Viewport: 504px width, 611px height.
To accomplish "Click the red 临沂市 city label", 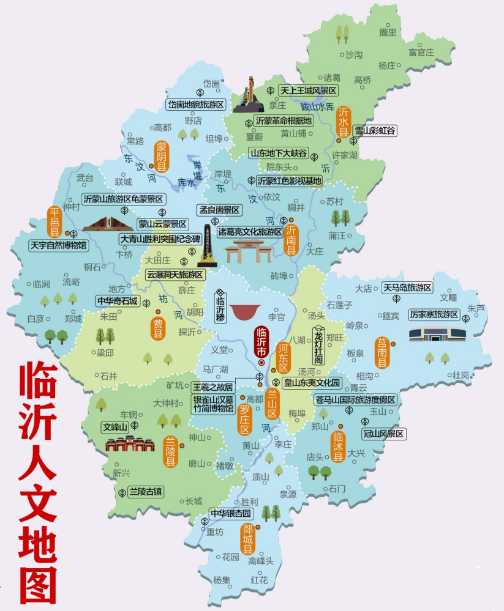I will tap(261, 343).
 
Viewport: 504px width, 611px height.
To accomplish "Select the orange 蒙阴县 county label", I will tap(162, 156).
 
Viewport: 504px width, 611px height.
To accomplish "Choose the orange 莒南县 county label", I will tap(383, 352).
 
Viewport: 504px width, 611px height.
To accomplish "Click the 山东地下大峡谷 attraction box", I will tap(279, 153).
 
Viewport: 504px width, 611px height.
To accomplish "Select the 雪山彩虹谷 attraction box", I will tap(376, 130).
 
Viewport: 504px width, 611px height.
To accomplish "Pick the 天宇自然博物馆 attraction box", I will tap(58, 245).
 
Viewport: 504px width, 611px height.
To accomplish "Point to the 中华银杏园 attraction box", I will tap(231, 513).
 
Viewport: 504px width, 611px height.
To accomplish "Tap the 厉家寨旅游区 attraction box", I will tap(434, 314).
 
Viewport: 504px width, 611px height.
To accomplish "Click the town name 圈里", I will tap(388, 32).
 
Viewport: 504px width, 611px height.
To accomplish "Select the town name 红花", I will tap(258, 579).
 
